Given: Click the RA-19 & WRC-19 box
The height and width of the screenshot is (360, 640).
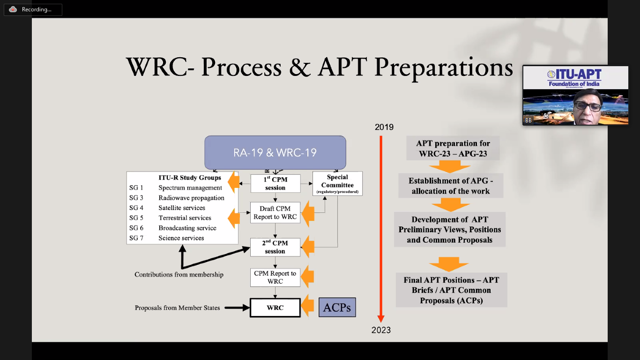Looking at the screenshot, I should pyautogui.click(x=275, y=152).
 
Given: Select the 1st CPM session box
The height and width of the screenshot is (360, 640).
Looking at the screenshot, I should pyautogui.click(x=275, y=183).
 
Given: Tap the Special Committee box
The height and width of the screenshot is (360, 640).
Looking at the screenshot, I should pyautogui.click(x=337, y=184).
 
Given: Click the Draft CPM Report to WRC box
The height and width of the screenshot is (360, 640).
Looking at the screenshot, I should pyautogui.click(x=275, y=212).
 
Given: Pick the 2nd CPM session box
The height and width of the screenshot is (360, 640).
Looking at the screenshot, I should pyautogui.click(x=275, y=247).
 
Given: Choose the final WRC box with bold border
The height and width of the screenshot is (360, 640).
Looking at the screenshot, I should pyautogui.click(x=275, y=308).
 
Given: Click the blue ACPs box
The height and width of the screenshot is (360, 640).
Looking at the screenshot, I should pyautogui.click(x=337, y=307).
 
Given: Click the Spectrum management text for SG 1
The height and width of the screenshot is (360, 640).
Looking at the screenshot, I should pyautogui.click(x=190, y=188).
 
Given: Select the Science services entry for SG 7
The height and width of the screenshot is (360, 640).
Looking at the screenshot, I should pyautogui.click(x=181, y=238).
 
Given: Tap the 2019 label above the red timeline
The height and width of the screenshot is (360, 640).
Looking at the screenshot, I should pyautogui.click(x=384, y=127).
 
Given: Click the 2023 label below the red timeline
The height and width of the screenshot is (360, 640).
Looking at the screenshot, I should pyautogui.click(x=381, y=330).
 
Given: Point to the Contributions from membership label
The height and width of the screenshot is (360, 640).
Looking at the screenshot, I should pyautogui.click(x=179, y=274).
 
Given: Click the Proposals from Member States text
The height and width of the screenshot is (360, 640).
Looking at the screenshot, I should pyautogui.click(x=177, y=308).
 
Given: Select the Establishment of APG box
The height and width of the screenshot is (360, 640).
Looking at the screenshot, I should pyautogui.click(x=451, y=186).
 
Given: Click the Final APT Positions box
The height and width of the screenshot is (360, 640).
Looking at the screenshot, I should pyautogui.click(x=451, y=290).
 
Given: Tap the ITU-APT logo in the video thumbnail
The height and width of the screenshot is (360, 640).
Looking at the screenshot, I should pyautogui.click(x=575, y=77).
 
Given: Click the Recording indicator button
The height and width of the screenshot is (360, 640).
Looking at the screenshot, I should pyautogui.click(x=33, y=9).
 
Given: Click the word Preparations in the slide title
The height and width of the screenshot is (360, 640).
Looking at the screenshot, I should pyautogui.click(x=443, y=67).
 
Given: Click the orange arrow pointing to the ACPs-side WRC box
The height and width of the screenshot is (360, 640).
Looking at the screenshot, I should pyautogui.click(x=307, y=307).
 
